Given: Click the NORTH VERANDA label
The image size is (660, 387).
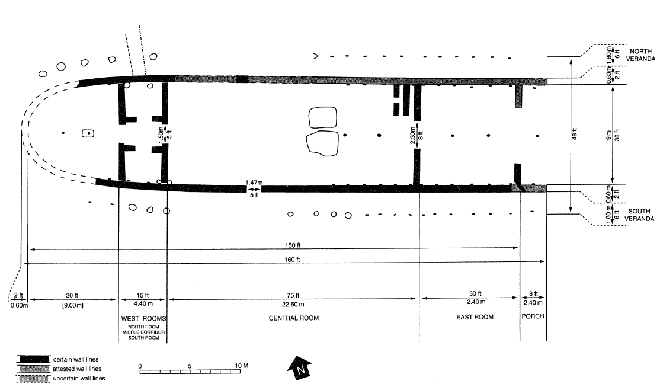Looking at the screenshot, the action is [x=640, y=55].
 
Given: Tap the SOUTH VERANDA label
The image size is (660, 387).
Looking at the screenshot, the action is [x=639, y=215].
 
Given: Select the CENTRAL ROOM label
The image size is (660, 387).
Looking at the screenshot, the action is [x=294, y=318].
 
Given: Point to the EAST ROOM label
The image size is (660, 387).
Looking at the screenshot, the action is [x=475, y=317].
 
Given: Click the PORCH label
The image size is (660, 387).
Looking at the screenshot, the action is [x=533, y=316].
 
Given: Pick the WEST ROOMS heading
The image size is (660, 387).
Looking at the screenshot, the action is [x=143, y=318].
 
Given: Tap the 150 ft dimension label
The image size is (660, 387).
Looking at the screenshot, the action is [x=293, y=245].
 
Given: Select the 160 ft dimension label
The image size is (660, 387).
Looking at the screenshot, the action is [x=292, y=260].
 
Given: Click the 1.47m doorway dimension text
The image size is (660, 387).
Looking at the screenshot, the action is [x=254, y=183].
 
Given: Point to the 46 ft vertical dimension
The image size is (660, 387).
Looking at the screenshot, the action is [x=575, y=134].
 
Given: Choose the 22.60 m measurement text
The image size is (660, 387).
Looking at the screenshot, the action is [x=293, y=304].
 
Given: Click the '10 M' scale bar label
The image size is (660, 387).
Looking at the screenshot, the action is [x=241, y=366].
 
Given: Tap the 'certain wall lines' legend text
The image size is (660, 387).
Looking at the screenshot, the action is [x=76, y=360].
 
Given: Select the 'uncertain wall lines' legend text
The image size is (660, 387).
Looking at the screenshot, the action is [x=79, y=378].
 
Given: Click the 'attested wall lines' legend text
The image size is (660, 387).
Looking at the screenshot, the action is [x=77, y=369].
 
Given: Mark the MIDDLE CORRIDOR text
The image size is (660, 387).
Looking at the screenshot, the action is [x=143, y=332].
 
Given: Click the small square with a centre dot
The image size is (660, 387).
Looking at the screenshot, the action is [x=88, y=133].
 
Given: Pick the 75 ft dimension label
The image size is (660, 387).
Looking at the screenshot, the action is [x=293, y=295].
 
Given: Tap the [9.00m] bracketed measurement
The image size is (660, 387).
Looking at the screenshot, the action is [x=72, y=305].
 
